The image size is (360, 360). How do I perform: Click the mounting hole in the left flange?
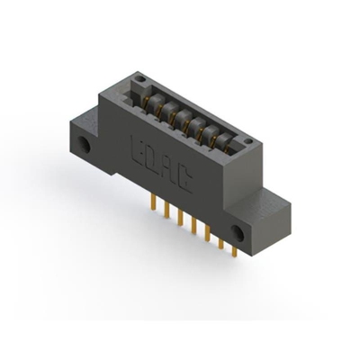pyautogui.click(x=88, y=143)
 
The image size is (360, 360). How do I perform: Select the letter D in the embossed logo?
pyautogui.click(x=156, y=155)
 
